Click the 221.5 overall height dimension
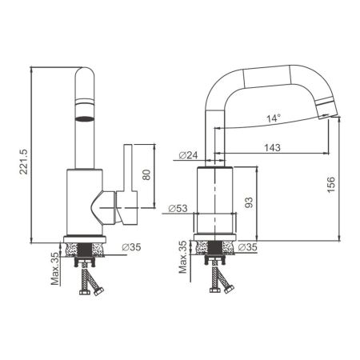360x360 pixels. point(24,154)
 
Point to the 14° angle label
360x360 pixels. point(274,119)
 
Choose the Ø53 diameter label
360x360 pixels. point(178,210)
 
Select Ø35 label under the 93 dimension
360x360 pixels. point(247,247)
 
